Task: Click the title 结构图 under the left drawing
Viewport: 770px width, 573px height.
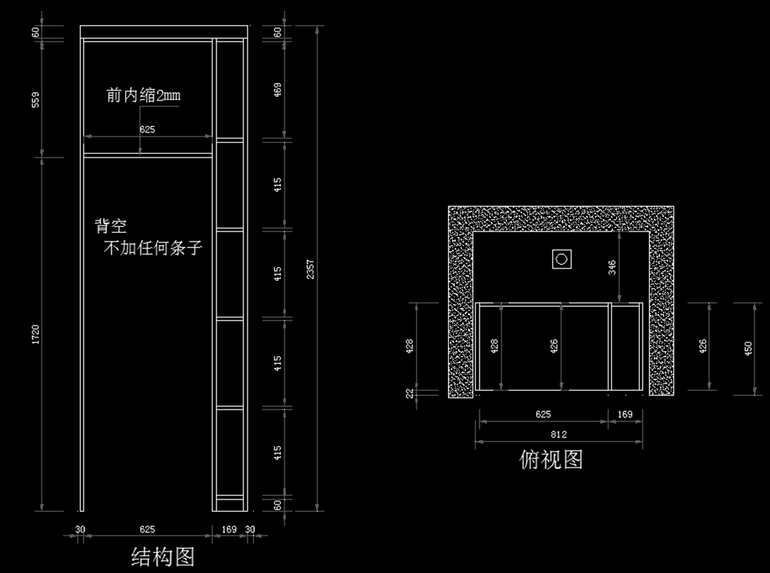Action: pyautogui.click(x=163, y=556)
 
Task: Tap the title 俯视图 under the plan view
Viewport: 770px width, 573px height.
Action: pyautogui.click(x=551, y=459)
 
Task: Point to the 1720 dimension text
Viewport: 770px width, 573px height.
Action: pyautogui.click(x=36, y=334)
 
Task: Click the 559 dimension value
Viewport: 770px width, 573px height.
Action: pyautogui.click(x=36, y=99)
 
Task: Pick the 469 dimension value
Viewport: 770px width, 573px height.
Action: pyautogui.click(x=277, y=90)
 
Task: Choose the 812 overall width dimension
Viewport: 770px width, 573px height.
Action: pyautogui.click(x=558, y=434)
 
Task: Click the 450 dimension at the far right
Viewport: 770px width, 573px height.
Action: pyautogui.click(x=748, y=348)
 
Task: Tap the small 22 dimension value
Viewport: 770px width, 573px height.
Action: pyautogui.click(x=409, y=393)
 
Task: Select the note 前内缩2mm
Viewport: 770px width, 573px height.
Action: pyautogui.click(x=144, y=96)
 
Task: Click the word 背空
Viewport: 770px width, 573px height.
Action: pyautogui.click(x=110, y=226)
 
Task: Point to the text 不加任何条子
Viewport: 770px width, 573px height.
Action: pyautogui.click(x=153, y=248)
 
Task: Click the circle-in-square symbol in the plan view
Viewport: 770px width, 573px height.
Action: pyautogui.click(x=562, y=259)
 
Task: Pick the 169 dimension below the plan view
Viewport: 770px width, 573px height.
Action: pyautogui.click(x=624, y=415)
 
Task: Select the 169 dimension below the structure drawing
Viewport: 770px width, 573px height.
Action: pyautogui.click(x=228, y=529)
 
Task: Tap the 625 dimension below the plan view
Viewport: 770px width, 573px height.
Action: pyautogui.click(x=543, y=415)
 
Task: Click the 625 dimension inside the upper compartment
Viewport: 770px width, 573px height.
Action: pyautogui.click(x=147, y=130)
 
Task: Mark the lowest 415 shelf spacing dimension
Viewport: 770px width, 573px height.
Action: pyautogui.click(x=277, y=453)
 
